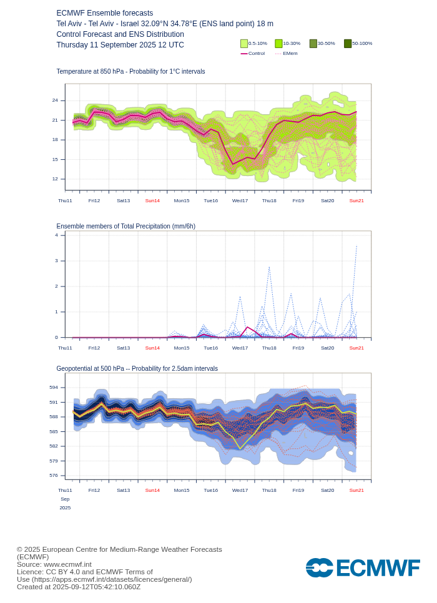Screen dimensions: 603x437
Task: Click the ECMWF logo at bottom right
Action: point(362,568)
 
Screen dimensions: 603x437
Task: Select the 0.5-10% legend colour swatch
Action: point(244,44)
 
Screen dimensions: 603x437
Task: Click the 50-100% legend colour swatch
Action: point(348,44)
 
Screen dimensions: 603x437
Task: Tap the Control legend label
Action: point(256,54)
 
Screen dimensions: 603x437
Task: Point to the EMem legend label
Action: point(290,54)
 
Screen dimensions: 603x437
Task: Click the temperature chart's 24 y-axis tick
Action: point(55,100)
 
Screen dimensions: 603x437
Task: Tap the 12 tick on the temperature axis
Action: point(55,179)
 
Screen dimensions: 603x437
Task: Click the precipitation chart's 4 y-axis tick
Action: point(56,235)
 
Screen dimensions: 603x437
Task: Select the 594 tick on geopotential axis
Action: point(54,388)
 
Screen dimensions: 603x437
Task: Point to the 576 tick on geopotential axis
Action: point(54,475)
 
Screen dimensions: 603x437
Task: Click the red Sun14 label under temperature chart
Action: point(152,200)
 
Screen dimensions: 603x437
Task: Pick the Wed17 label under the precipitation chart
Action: point(240,348)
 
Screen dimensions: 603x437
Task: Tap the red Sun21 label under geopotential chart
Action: point(356,490)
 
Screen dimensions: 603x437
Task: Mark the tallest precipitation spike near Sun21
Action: point(356,245)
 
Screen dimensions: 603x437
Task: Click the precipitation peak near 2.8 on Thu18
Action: point(269,267)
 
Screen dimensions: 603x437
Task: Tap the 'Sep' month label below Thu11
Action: point(65,499)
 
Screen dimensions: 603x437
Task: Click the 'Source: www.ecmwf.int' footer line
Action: point(54,564)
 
